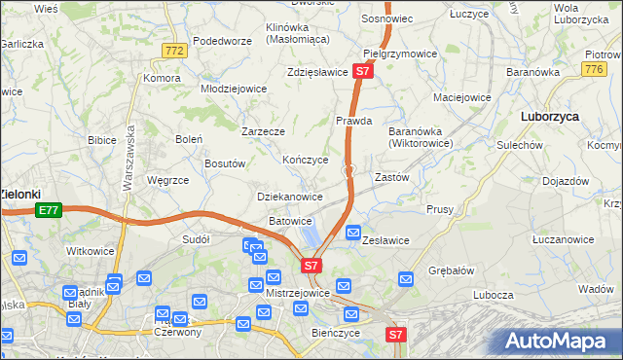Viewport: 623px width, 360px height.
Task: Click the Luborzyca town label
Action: [550, 115]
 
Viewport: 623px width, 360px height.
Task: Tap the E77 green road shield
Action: [49, 209]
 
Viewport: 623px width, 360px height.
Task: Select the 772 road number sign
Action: [175, 51]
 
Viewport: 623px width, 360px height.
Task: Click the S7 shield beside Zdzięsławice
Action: [362, 71]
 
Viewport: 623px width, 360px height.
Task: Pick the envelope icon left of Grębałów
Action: [421, 275]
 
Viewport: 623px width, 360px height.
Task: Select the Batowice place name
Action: [290, 221]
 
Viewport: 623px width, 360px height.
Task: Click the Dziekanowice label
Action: [289, 197]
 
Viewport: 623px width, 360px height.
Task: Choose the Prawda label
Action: [353, 122]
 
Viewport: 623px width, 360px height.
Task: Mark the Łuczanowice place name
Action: [565, 239]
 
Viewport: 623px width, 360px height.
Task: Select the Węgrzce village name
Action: [166, 179]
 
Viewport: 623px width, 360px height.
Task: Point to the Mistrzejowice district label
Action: [297, 291]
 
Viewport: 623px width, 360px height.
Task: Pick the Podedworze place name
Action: [223, 41]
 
